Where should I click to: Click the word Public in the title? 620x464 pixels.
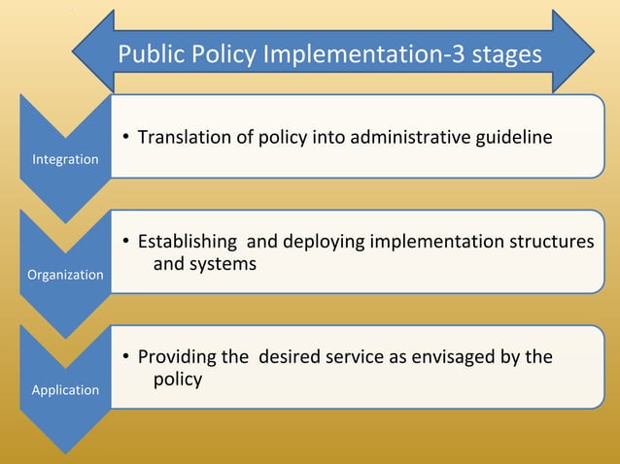[x=149, y=54]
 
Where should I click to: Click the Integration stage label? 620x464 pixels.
[x=65, y=158]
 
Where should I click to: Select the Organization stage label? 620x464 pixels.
[x=65, y=275]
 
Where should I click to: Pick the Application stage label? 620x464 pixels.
[x=65, y=389]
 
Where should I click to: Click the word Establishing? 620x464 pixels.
[x=188, y=242]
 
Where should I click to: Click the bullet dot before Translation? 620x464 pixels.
[x=126, y=138]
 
